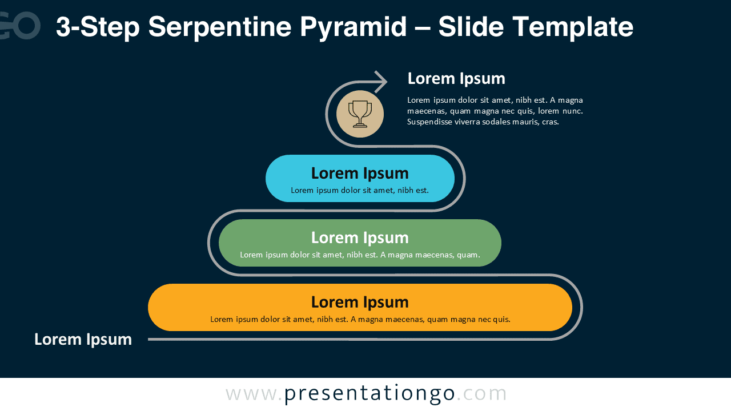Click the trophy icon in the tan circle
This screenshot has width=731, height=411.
[360, 114]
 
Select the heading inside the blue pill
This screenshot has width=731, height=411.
[360, 173]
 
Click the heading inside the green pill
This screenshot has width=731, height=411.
[360, 237]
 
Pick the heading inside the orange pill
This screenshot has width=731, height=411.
[360, 302]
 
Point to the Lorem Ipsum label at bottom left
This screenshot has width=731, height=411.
[83, 339]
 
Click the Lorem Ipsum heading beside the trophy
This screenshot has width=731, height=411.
[456, 78]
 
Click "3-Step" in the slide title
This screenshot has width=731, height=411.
[97, 27]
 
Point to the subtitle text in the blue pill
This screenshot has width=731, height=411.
[360, 191]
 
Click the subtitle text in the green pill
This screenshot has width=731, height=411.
[360, 255]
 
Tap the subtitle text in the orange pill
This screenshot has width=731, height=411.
[360, 320]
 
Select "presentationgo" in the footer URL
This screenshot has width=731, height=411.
[369, 393]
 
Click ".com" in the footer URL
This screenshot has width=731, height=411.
[482, 393]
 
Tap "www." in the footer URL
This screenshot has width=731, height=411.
[254, 393]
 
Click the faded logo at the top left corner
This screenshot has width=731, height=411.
[20, 26]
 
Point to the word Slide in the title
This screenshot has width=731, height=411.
[471, 27]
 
